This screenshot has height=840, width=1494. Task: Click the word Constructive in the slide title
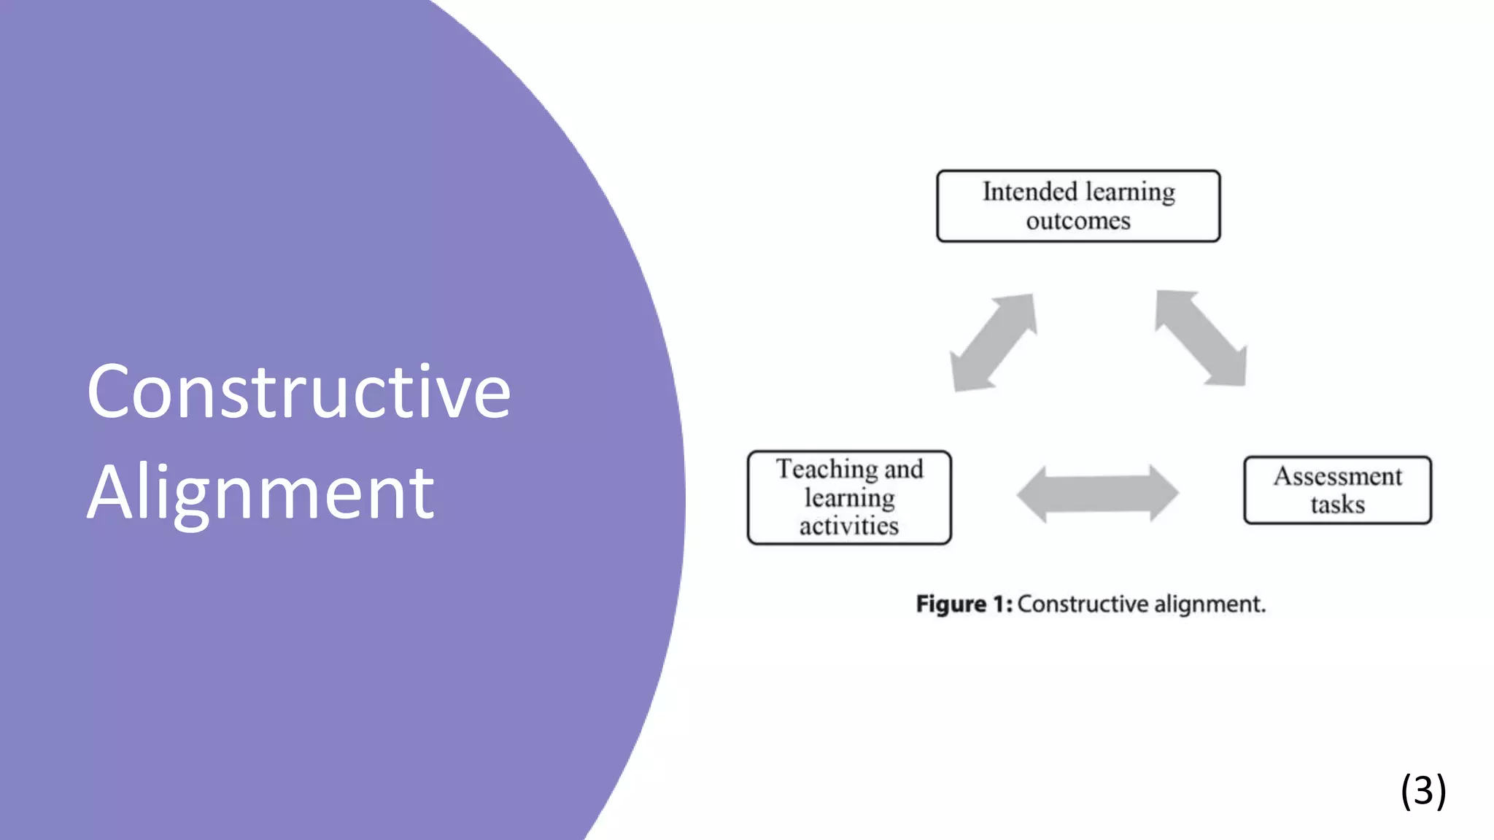click(298, 392)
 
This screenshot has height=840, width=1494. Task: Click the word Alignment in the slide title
click(260, 493)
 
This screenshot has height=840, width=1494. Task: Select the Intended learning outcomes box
click(1077, 206)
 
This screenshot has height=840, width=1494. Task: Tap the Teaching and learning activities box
click(849, 497)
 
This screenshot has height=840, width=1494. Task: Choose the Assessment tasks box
click(1337, 490)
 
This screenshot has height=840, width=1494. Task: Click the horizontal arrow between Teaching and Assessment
click(1097, 494)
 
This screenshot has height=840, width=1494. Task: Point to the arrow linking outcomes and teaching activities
click(994, 342)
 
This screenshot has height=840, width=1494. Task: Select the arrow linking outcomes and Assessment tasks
click(1201, 338)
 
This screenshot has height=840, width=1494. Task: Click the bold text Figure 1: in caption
click(964, 604)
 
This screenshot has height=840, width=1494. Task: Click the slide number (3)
click(1423, 790)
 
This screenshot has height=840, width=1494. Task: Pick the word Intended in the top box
click(1029, 192)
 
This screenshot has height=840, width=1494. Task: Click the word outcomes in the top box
click(1078, 221)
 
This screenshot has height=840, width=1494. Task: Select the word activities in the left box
click(849, 526)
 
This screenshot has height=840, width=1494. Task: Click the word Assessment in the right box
click(1338, 476)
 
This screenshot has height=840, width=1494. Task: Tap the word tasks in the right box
click(1337, 505)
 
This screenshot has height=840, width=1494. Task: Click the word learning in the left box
click(849, 498)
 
